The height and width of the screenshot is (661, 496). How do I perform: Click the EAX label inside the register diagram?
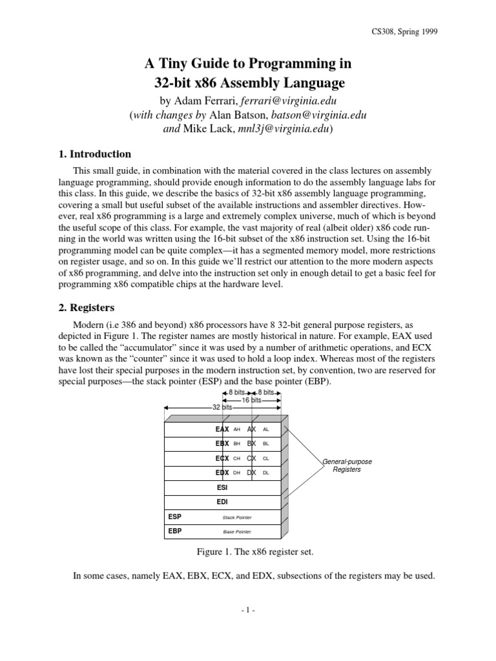coord(222,429)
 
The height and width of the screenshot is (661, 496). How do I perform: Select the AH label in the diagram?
coord(236,429)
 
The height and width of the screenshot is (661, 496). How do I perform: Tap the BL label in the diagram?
coord(266,444)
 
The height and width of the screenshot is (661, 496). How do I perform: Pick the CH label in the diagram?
coord(236,459)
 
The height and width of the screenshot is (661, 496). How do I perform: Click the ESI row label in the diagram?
coord(222,488)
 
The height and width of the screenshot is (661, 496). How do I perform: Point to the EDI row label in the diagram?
coord(222,502)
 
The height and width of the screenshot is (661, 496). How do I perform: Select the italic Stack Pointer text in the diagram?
coord(237,518)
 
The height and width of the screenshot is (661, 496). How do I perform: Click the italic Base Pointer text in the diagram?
coord(237,532)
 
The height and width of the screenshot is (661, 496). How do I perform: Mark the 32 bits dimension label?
coord(222,408)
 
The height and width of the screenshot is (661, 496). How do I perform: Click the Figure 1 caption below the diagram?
coord(248,553)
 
